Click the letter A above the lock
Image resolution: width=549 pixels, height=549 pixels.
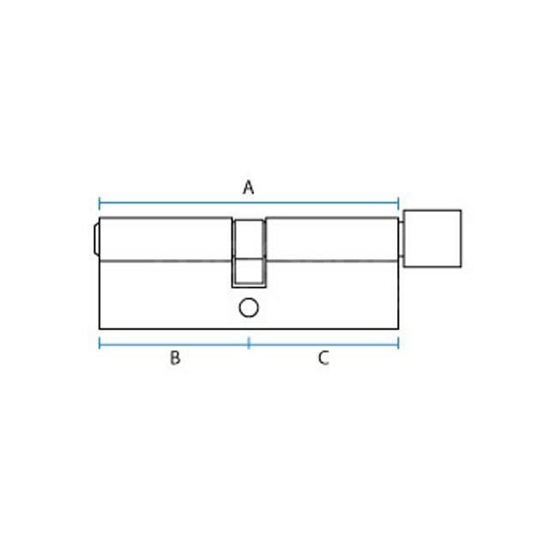pyautogui.click(x=249, y=187)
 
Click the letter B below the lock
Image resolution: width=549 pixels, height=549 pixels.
pyautogui.click(x=175, y=359)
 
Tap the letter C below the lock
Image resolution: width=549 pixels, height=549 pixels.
pyautogui.click(x=323, y=359)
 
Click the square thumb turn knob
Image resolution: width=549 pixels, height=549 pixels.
pyautogui.click(x=433, y=238)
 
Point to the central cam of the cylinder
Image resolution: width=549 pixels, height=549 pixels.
pyautogui.click(x=249, y=252)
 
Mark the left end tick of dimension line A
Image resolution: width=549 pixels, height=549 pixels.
pyautogui.click(x=100, y=204)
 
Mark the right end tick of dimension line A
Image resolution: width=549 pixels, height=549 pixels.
pyautogui.click(x=399, y=204)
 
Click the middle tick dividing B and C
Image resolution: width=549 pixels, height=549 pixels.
pyautogui.click(x=249, y=343)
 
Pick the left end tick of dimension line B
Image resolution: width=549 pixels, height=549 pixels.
pyautogui.click(x=100, y=343)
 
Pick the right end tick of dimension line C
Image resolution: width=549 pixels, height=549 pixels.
pyautogui.click(x=399, y=343)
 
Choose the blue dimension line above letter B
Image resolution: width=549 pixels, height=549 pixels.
pyautogui.click(x=175, y=343)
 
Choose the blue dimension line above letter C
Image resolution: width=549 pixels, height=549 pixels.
pyautogui.click(x=323, y=343)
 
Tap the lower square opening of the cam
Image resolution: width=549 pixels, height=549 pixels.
pyautogui.click(x=249, y=272)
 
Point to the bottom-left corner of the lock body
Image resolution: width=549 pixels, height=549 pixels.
pyautogui.click(x=101, y=329)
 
